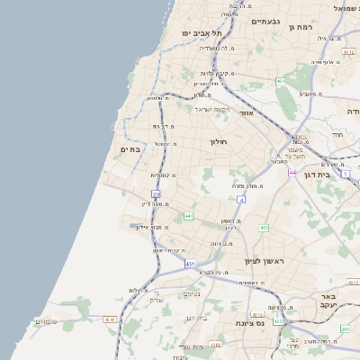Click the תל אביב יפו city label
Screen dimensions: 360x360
[195, 32]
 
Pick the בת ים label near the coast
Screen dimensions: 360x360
[130, 150]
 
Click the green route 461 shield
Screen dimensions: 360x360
[281, 81]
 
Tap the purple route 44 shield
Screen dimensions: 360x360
[292, 172]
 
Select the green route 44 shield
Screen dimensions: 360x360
[187, 216]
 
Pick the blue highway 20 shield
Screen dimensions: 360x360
[157, 193]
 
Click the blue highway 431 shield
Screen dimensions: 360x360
[190, 264]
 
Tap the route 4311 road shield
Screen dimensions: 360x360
[110, 319]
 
